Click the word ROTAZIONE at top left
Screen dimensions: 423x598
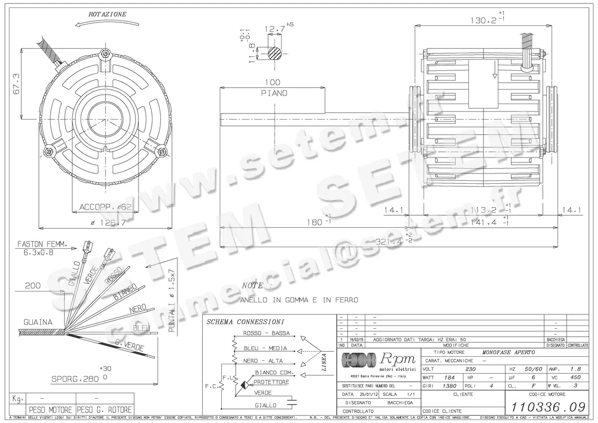pos(107,15)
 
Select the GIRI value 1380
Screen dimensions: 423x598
pos(449,386)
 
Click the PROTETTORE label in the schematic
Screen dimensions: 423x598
pos(271,382)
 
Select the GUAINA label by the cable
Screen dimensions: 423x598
pos(37,322)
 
